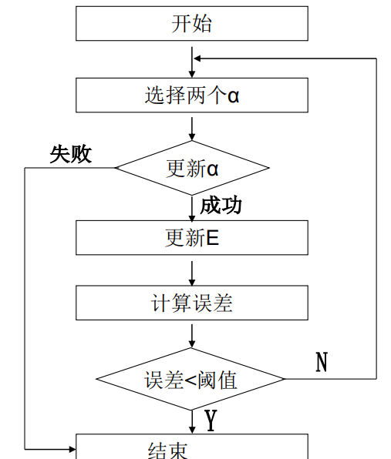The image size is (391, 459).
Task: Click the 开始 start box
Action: pos(191,24)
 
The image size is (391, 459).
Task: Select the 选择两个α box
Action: pos(191,95)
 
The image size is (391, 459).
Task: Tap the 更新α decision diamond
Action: pos(191,168)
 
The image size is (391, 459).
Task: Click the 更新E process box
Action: pos(191,238)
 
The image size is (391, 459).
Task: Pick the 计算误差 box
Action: pos(191,303)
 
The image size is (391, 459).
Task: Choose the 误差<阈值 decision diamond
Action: pos(191,379)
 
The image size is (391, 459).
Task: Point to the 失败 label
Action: pos(70,154)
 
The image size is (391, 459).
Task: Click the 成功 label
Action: pos(221,205)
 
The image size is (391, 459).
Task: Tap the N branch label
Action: pos(322,361)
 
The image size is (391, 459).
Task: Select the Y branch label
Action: pos(210,420)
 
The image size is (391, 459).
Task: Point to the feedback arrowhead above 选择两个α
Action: pos(198,58)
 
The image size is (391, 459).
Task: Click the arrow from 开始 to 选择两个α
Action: pos(191,60)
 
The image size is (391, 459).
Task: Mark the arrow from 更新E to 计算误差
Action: pos(191,271)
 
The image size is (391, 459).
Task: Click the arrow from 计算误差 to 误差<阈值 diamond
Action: pos(191,335)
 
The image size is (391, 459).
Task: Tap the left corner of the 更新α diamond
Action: pos(116,168)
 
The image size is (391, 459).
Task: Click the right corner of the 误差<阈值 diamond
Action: pos(285,379)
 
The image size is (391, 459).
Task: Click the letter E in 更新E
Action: pos(213,238)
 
